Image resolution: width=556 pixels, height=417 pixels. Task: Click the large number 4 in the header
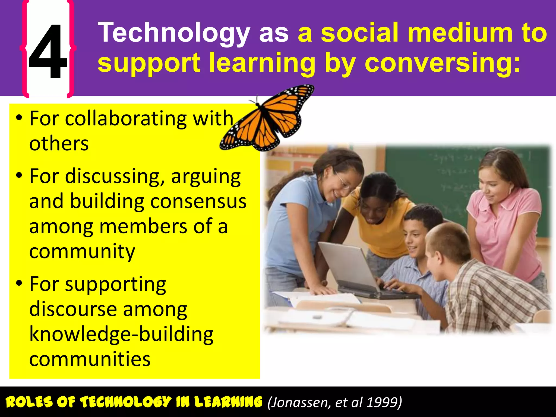pos(48,52)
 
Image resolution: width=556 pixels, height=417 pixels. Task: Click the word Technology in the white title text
pos(174,33)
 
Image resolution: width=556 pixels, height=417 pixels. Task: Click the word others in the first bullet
pos(59,144)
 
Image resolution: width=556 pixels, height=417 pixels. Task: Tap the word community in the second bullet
pos(82,252)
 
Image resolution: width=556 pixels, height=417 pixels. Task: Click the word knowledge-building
pos(121,334)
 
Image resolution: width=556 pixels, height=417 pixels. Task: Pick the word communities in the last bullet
pos(90,359)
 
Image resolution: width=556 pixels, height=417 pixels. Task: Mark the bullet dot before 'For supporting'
pos(19,283)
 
